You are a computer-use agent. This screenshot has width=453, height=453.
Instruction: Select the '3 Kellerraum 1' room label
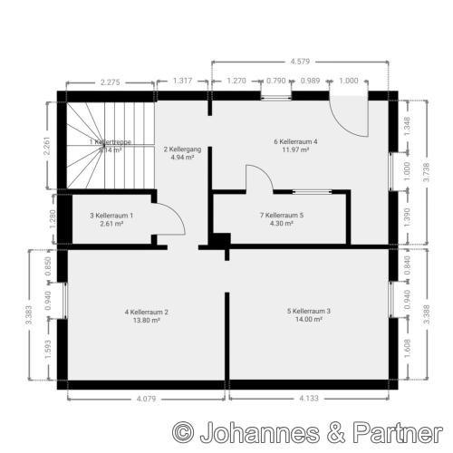coord(112,216)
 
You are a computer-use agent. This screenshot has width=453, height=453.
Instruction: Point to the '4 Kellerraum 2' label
coord(147,313)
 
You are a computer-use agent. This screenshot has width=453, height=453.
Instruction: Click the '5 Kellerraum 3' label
coord(309,312)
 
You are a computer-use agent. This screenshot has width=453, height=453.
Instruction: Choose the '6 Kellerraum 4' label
coord(295,141)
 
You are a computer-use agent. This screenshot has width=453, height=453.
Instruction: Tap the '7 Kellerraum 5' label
coord(282,216)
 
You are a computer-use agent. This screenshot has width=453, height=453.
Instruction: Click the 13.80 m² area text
coord(147,321)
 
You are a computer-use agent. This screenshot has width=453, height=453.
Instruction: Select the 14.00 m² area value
coord(309,320)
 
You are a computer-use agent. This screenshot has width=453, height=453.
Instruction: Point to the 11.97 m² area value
coord(295,149)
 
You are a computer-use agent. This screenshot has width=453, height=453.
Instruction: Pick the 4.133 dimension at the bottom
coord(309,398)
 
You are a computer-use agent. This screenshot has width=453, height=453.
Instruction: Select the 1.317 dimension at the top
coord(183,81)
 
